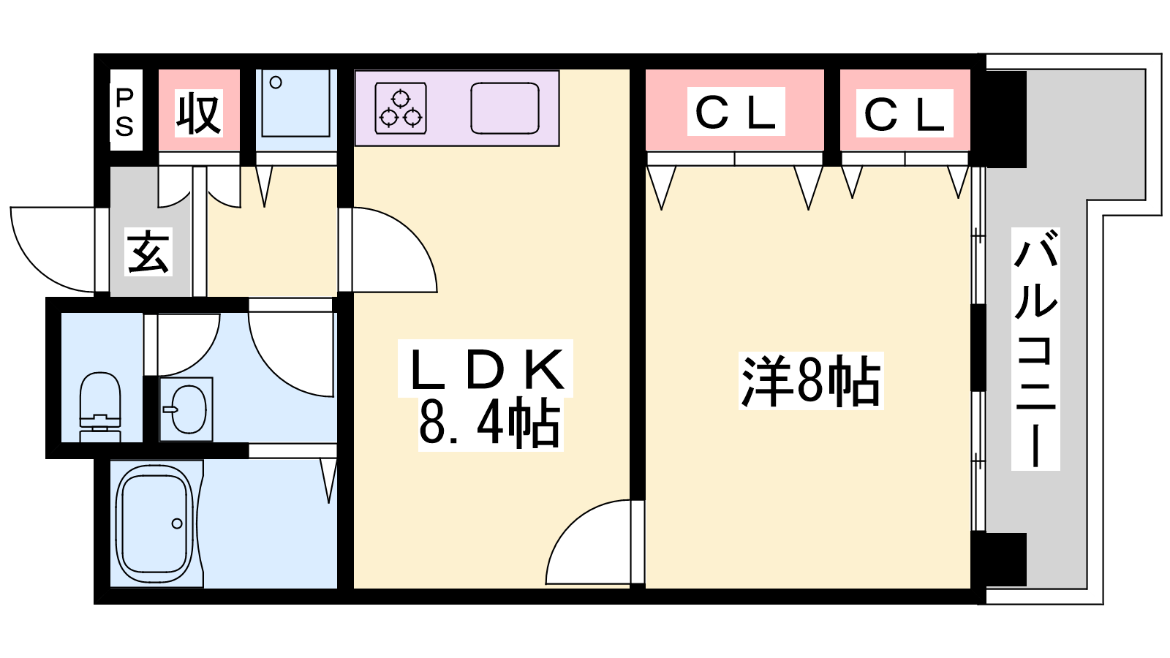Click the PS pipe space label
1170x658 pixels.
pos(125,112)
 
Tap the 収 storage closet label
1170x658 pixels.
pos(198,113)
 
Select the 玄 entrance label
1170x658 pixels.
pos(149,252)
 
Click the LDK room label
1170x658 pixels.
pos(486,368)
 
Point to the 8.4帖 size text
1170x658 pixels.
pos(489,423)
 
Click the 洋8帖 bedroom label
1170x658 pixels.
pos(810,381)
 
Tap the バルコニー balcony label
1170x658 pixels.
pos(1035,349)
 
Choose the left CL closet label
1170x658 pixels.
pos(736,113)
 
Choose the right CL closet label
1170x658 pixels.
pos(904,114)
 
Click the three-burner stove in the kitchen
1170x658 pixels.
pos(401,108)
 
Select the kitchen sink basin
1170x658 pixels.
pos(505,108)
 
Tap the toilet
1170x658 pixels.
pos(100,406)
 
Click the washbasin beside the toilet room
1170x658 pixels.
pos(186,409)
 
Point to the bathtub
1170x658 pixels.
pos(154,523)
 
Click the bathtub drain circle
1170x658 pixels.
pos(177,523)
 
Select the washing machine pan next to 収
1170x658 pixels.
pos(295,103)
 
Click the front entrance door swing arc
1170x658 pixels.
pos(31,264)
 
